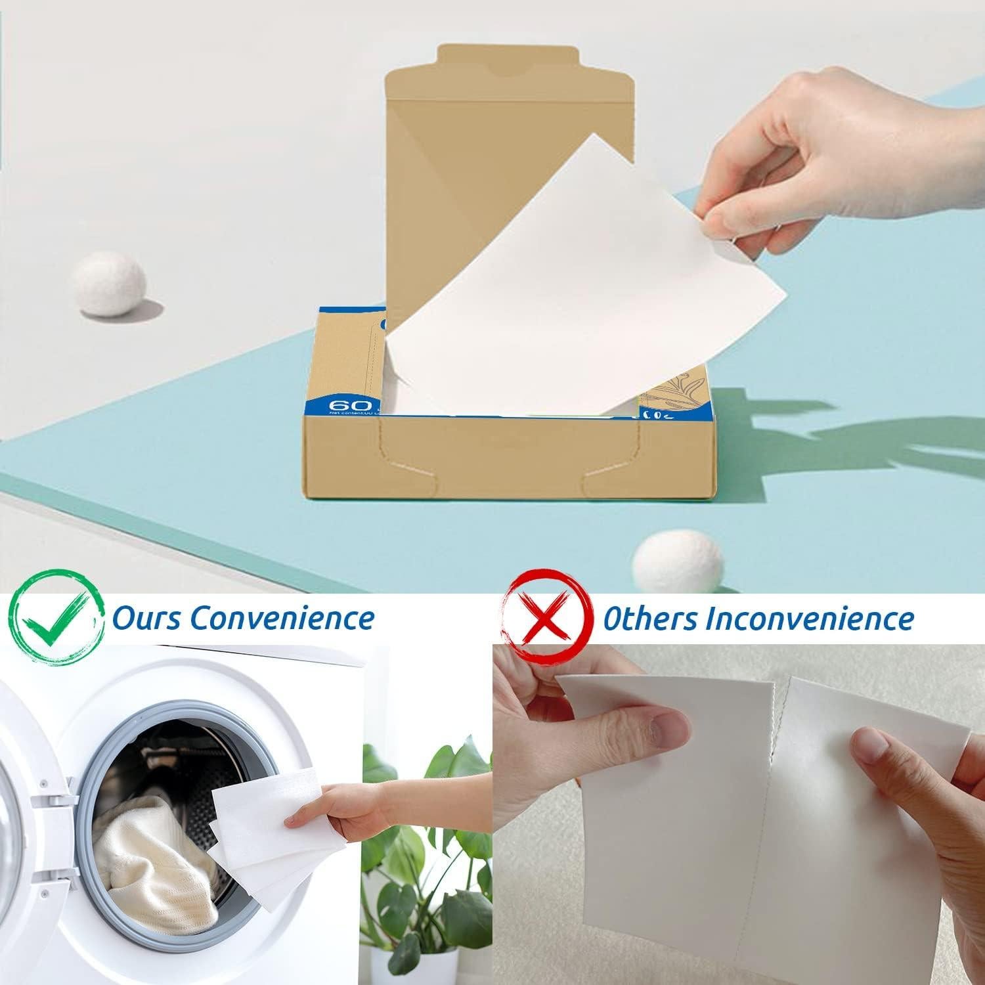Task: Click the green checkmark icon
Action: pyautogui.click(x=58, y=618)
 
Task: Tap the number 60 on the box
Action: pyautogui.click(x=343, y=405)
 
